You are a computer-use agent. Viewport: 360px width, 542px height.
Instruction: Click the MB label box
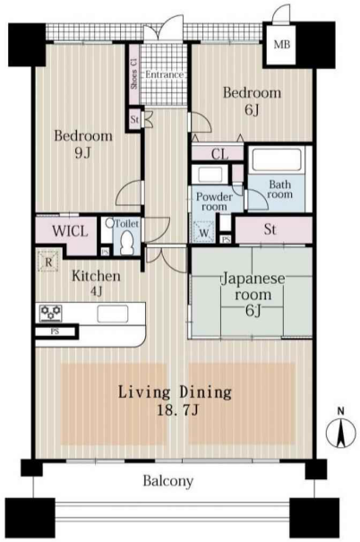pyautogui.click(x=281, y=44)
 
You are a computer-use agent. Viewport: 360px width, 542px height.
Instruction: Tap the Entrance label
pyautogui.click(x=164, y=74)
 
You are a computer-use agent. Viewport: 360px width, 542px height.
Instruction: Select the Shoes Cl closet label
pyautogui.click(x=134, y=73)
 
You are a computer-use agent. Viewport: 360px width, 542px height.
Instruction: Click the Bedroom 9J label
pyautogui.click(x=83, y=144)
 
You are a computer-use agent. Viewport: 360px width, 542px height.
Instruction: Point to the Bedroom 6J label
pyautogui.click(x=252, y=101)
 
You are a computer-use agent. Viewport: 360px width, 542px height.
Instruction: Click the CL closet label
pyautogui.click(x=219, y=154)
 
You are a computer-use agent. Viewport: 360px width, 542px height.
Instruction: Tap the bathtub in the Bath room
pyautogui.click(x=277, y=159)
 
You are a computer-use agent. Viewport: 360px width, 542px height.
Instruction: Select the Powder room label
pyautogui.click(x=215, y=202)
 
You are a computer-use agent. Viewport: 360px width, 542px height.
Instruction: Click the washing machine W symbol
pyautogui.click(x=204, y=231)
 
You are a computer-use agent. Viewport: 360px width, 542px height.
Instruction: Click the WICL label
pyautogui.click(x=70, y=231)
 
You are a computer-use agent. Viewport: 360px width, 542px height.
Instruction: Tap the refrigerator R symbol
pyautogui.click(x=48, y=262)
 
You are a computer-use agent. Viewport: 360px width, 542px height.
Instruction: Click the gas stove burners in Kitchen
pyautogui.click(x=51, y=314)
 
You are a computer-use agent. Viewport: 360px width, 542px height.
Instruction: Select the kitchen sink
pyautogui.click(x=113, y=314)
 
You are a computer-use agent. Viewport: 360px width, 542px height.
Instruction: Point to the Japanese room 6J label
pyautogui.click(x=253, y=295)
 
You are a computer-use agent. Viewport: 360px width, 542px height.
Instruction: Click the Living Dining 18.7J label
pyautogui.click(x=176, y=401)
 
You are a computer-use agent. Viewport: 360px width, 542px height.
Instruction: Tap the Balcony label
pyautogui.click(x=168, y=481)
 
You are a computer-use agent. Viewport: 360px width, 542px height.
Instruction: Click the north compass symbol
pyautogui.click(x=341, y=430)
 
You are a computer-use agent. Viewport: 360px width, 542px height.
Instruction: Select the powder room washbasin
pyautogui.click(x=210, y=175)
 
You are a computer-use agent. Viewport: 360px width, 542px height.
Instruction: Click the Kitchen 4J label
pyautogui.click(x=97, y=283)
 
